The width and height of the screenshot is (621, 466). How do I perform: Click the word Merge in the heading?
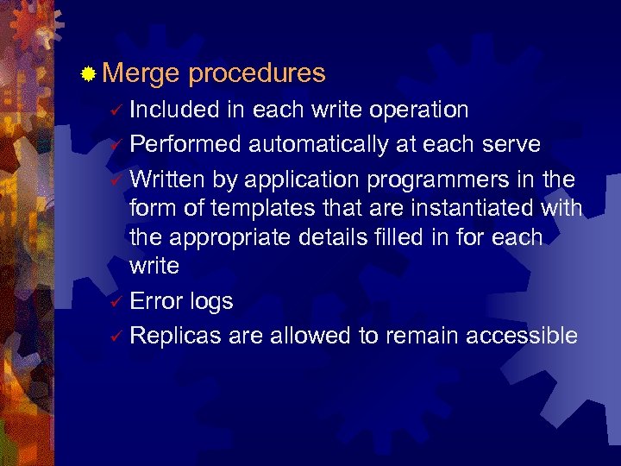click(x=140, y=74)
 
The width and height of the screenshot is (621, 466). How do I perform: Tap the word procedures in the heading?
click(x=256, y=74)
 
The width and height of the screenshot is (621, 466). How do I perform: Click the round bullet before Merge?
click(x=88, y=76)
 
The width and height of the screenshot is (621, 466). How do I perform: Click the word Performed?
click(x=185, y=142)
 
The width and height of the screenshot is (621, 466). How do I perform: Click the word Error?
click(x=155, y=301)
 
